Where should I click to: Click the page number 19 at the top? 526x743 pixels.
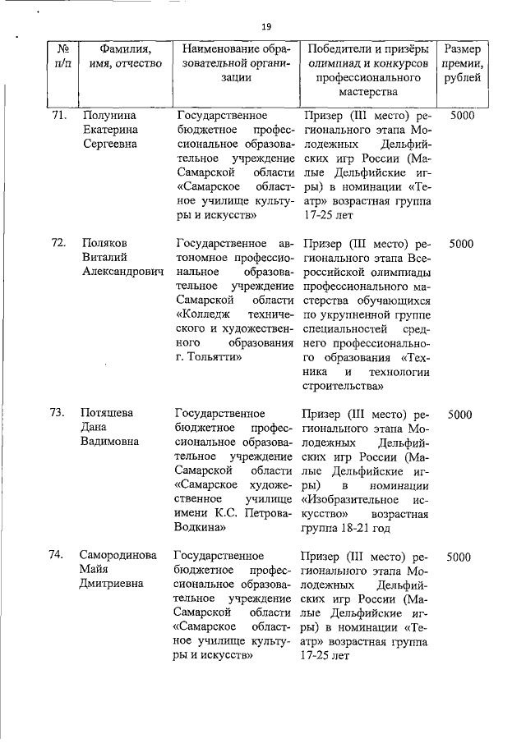click(x=266, y=27)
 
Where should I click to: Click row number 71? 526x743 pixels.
click(x=58, y=116)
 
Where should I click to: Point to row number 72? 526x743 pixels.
click(x=58, y=243)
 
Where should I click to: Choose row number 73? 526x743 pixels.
click(x=58, y=413)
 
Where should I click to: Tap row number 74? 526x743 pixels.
click(x=58, y=556)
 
